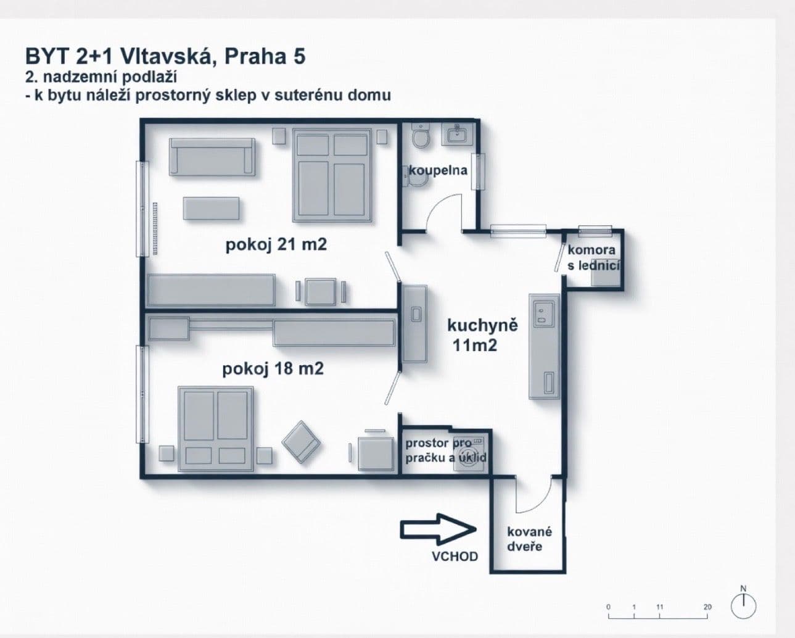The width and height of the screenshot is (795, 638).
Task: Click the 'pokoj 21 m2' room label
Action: pyautogui.click(x=276, y=245)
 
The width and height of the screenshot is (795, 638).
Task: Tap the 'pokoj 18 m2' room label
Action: pyautogui.click(x=273, y=369)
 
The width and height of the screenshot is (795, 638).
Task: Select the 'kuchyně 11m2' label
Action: pyautogui.click(x=482, y=335)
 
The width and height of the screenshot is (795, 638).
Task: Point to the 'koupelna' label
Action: pyautogui.click(x=439, y=170)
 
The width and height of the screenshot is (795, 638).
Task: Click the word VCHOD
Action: pyautogui.click(x=455, y=557)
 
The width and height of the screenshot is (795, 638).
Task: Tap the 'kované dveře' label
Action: pyautogui.click(x=529, y=539)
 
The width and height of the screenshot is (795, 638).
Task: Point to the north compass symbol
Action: pyautogui.click(x=743, y=605)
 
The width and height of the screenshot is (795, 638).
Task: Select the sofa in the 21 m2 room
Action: pyautogui.click(x=212, y=156)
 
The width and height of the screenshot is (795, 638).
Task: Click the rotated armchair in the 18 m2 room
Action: pyautogui.click(x=302, y=441)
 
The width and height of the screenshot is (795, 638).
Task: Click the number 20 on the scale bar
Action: pyautogui.click(x=707, y=607)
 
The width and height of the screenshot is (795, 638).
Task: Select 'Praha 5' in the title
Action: pyautogui.click(x=265, y=57)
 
